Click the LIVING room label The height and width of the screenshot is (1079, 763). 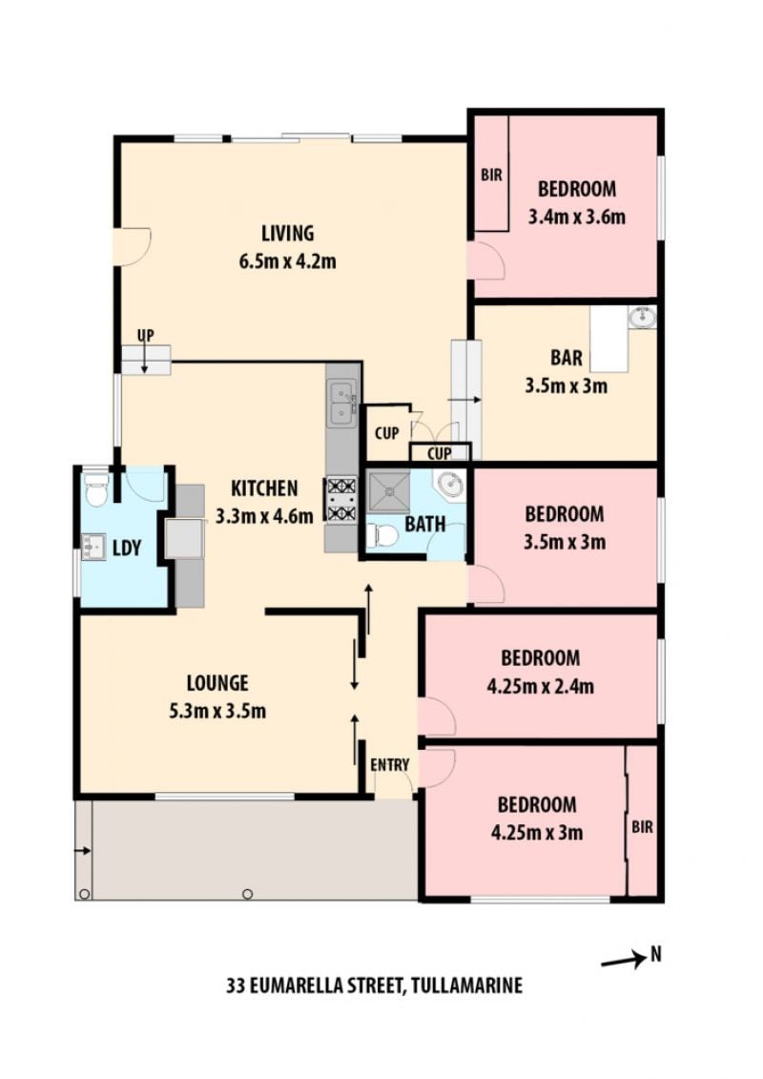[x=288, y=234]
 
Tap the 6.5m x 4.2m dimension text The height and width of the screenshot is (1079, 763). [x=288, y=261]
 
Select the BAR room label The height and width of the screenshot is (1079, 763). [x=567, y=358]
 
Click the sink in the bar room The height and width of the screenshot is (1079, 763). [x=642, y=317]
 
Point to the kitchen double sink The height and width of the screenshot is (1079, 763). [x=342, y=404]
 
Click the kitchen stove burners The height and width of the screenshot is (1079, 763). [x=341, y=500]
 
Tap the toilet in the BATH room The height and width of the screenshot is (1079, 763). [x=382, y=534]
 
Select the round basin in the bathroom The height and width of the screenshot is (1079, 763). [x=451, y=485]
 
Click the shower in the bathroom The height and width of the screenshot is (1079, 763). [x=388, y=492]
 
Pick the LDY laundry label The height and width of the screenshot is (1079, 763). [x=127, y=548]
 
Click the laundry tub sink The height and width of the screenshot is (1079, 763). [x=93, y=547]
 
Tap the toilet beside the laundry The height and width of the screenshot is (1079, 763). [x=96, y=489]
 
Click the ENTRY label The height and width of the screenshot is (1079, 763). [x=389, y=764]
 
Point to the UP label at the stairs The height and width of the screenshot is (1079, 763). [x=145, y=335]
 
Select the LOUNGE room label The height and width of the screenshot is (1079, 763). [x=217, y=683]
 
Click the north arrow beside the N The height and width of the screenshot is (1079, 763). [x=624, y=961]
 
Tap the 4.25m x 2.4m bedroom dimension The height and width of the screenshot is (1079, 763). [x=540, y=686]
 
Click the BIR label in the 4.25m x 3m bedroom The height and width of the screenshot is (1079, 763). [x=642, y=826]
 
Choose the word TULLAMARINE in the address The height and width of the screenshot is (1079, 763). [x=465, y=986]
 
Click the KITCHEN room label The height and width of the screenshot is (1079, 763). [x=264, y=488]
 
